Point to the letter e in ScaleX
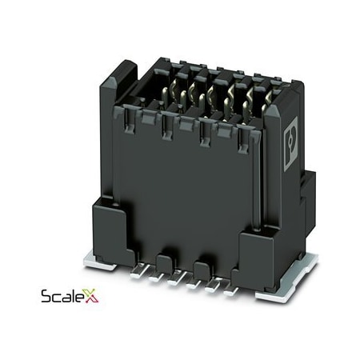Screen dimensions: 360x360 85,298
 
